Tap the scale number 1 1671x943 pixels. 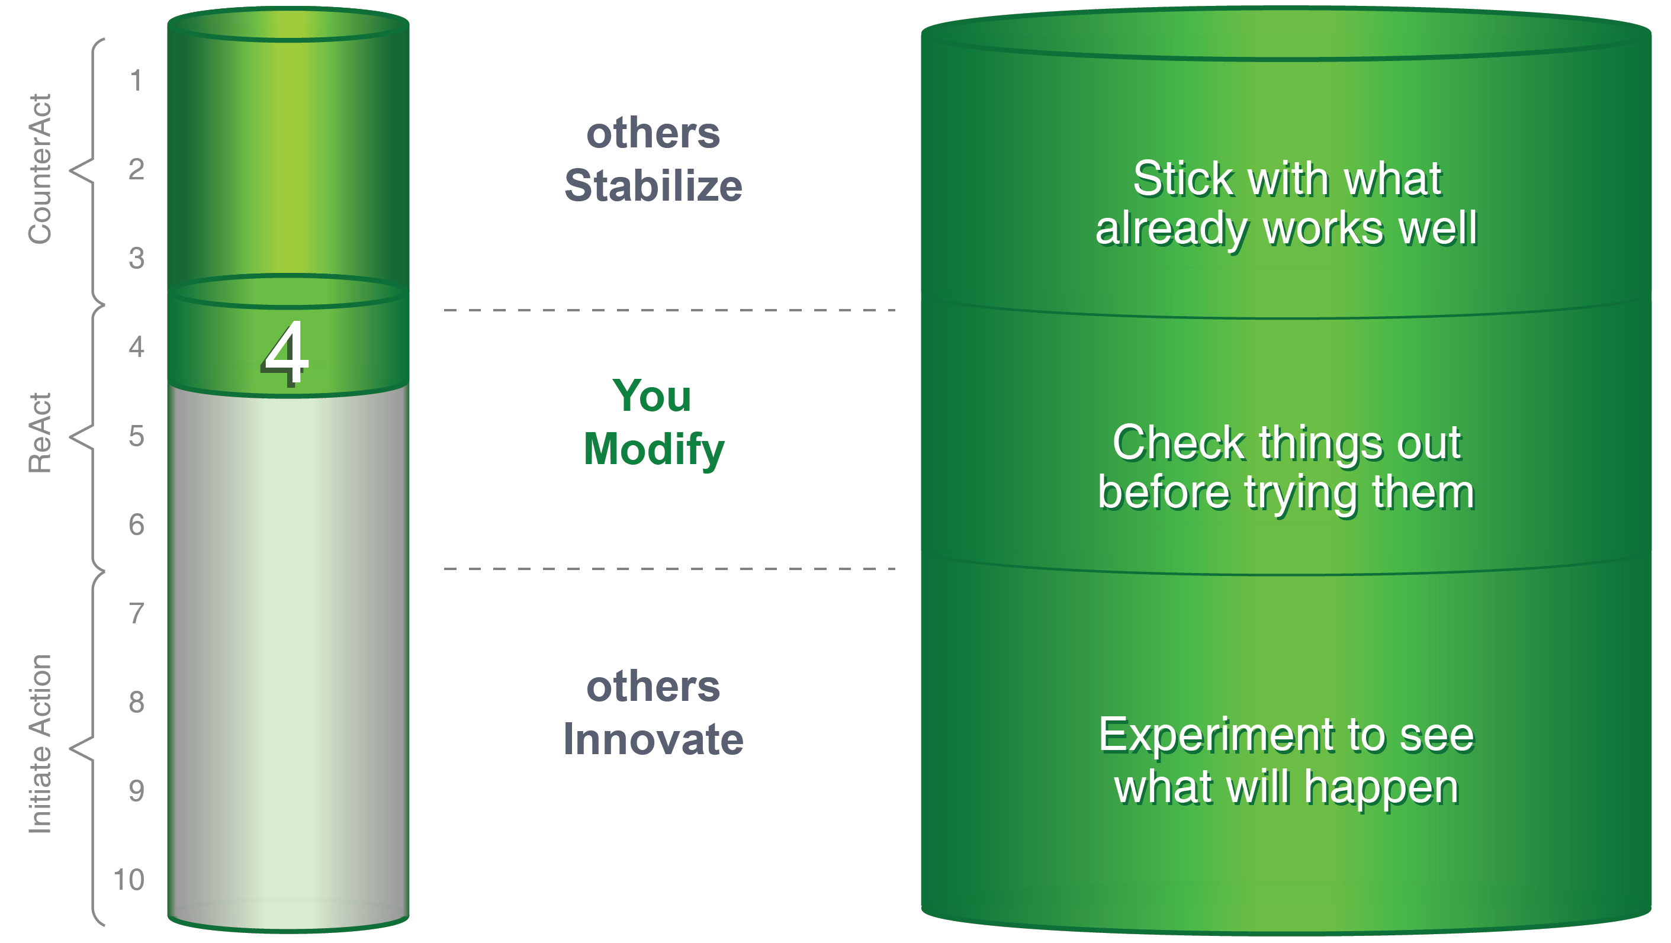136,81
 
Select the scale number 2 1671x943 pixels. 136,169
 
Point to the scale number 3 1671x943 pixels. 136,258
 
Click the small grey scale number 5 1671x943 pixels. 136,436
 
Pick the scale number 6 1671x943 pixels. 136,524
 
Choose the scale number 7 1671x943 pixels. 136,613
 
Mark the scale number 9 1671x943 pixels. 136,791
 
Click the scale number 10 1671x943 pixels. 128,880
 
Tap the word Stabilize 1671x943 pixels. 653,185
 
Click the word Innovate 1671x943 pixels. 653,739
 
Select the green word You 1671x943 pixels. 652,395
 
